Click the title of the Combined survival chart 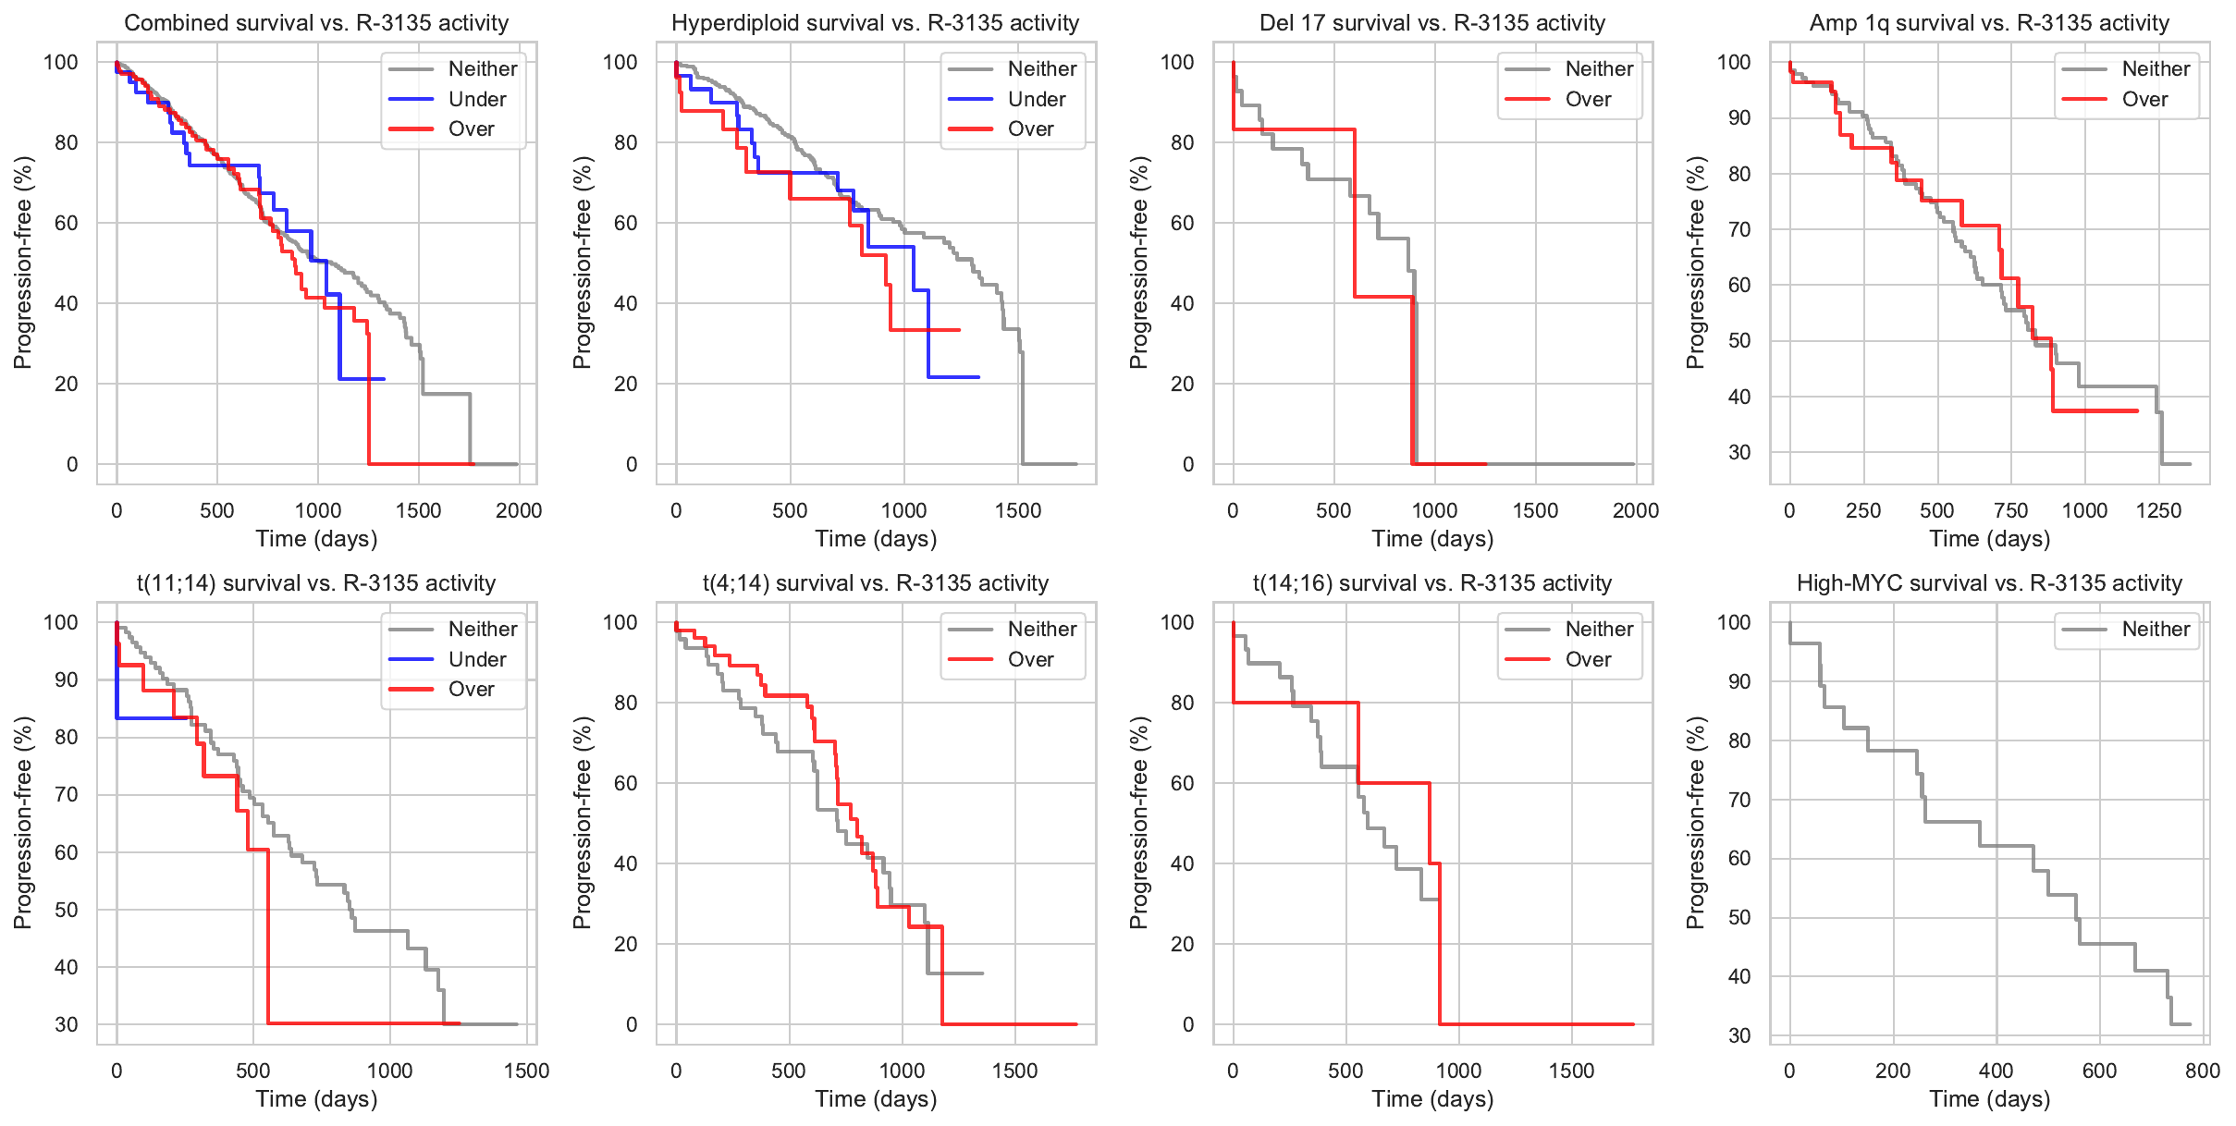pyautogui.click(x=316, y=23)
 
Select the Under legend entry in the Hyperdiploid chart pyautogui.click(x=1036, y=99)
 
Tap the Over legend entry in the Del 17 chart pyautogui.click(x=1588, y=99)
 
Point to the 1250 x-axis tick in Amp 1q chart pyautogui.click(x=2158, y=510)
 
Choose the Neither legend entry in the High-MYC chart pyautogui.click(x=2156, y=630)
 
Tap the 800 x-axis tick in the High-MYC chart pyautogui.click(x=2203, y=1071)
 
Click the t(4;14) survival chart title pyautogui.click(x=875, y=583)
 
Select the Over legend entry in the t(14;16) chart pyautogui.click(x=1588, y=659)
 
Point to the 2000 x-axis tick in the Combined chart pyautogui.click(x=518, y=510)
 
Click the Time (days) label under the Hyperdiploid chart pyautogui.click(x=875, y=539)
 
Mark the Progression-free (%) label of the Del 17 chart pyautogui.click(x=1138, y=263)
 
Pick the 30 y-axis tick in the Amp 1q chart pyautogui.click(x=1738, y=452)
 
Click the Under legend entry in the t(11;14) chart pyautogui.click(x=477, y=659)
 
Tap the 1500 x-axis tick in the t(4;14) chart pyautogui.click(x=1014, y=1071)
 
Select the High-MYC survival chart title pyautogui.click(x=1989, y=583)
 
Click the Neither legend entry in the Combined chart pyautogui.click(x=482, y=68)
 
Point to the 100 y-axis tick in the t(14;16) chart pyautogui.click(x=1176, y=622)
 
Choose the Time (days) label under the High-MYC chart pyautogui.click(x=1989, y=1099)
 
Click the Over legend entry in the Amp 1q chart pyautogui.click(x=2144, y=99)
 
